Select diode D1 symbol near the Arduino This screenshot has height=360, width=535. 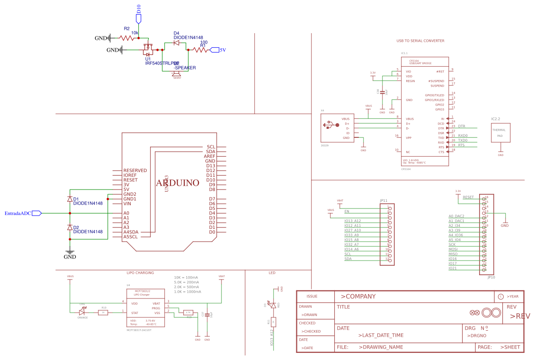70,199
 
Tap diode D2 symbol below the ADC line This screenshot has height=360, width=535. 70,227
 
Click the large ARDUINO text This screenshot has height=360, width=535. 178,183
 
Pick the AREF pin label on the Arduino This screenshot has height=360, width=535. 209,156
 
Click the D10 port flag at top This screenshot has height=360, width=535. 138,18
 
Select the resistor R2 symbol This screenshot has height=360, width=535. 126,38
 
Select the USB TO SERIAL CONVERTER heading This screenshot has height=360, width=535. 420,41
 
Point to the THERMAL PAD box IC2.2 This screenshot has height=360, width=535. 500,133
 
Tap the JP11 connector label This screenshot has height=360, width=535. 383,200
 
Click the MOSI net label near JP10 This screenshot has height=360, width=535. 453,249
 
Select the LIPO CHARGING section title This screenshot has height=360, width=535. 140,273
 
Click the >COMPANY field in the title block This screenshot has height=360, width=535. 358,297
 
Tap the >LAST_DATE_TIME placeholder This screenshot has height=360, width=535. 381,335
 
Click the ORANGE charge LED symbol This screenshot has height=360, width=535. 83,312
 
